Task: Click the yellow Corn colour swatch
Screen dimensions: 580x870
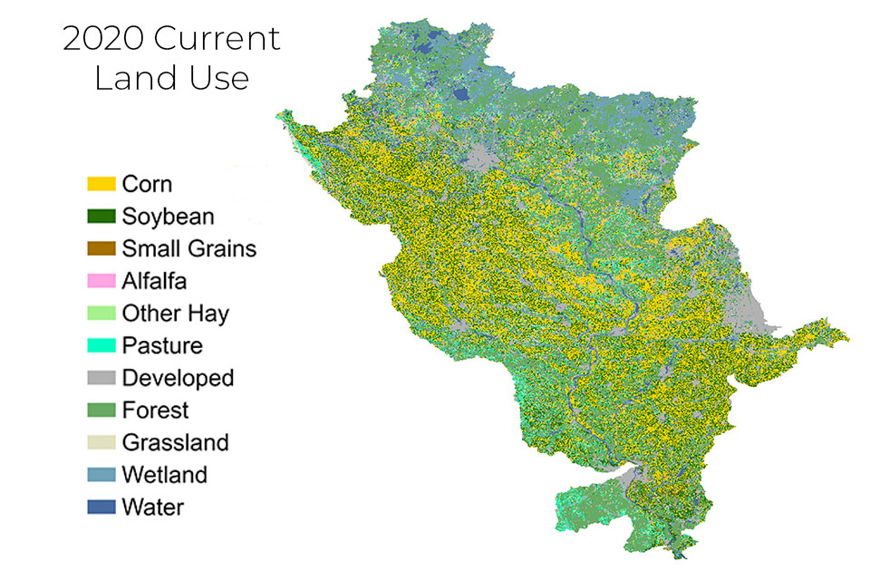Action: click(101, 184)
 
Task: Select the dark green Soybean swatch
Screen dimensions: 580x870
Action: click(101, 217)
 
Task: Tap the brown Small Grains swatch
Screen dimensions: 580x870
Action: click(101, 248)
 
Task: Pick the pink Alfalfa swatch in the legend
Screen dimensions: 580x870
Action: click(101, 281)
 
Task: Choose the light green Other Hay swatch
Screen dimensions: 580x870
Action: click(101, 314)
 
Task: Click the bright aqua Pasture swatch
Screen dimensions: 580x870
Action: click(101, 345)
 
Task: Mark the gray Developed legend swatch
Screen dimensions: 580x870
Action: click(101, 378)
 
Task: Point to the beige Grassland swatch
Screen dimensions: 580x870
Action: click(101, 442)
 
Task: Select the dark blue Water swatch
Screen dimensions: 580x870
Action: click(101, 507)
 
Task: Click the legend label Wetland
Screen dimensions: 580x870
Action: click(164, 475)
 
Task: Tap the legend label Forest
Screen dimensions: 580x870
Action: click(155, 411)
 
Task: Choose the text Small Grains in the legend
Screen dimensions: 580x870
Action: click(188, 248)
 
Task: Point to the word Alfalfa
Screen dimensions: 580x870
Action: click(154, 281)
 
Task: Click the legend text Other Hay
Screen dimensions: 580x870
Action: click(175, 314)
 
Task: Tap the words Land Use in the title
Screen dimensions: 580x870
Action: click(171, 78)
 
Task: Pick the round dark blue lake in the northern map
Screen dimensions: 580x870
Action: click(461, 93)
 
